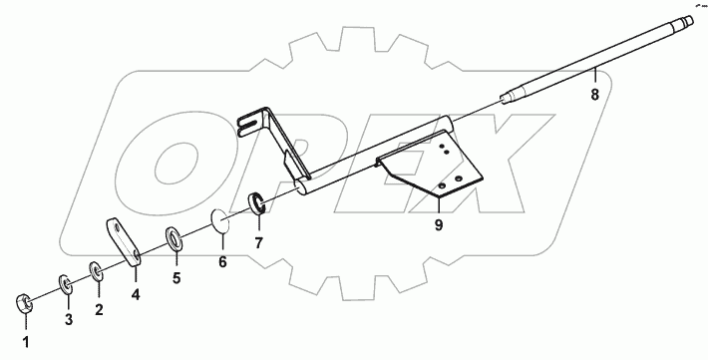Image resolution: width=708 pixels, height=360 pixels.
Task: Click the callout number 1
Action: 27,343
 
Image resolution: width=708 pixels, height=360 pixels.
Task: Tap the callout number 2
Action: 99,309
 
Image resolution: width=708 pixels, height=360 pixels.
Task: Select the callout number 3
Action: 69,319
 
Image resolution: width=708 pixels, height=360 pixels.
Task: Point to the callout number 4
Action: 136,294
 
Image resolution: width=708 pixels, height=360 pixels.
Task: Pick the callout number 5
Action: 177,278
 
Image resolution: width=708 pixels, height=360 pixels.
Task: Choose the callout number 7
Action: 258,242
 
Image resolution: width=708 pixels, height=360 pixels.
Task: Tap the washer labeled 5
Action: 173,238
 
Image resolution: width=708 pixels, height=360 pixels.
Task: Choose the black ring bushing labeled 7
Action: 256,205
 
